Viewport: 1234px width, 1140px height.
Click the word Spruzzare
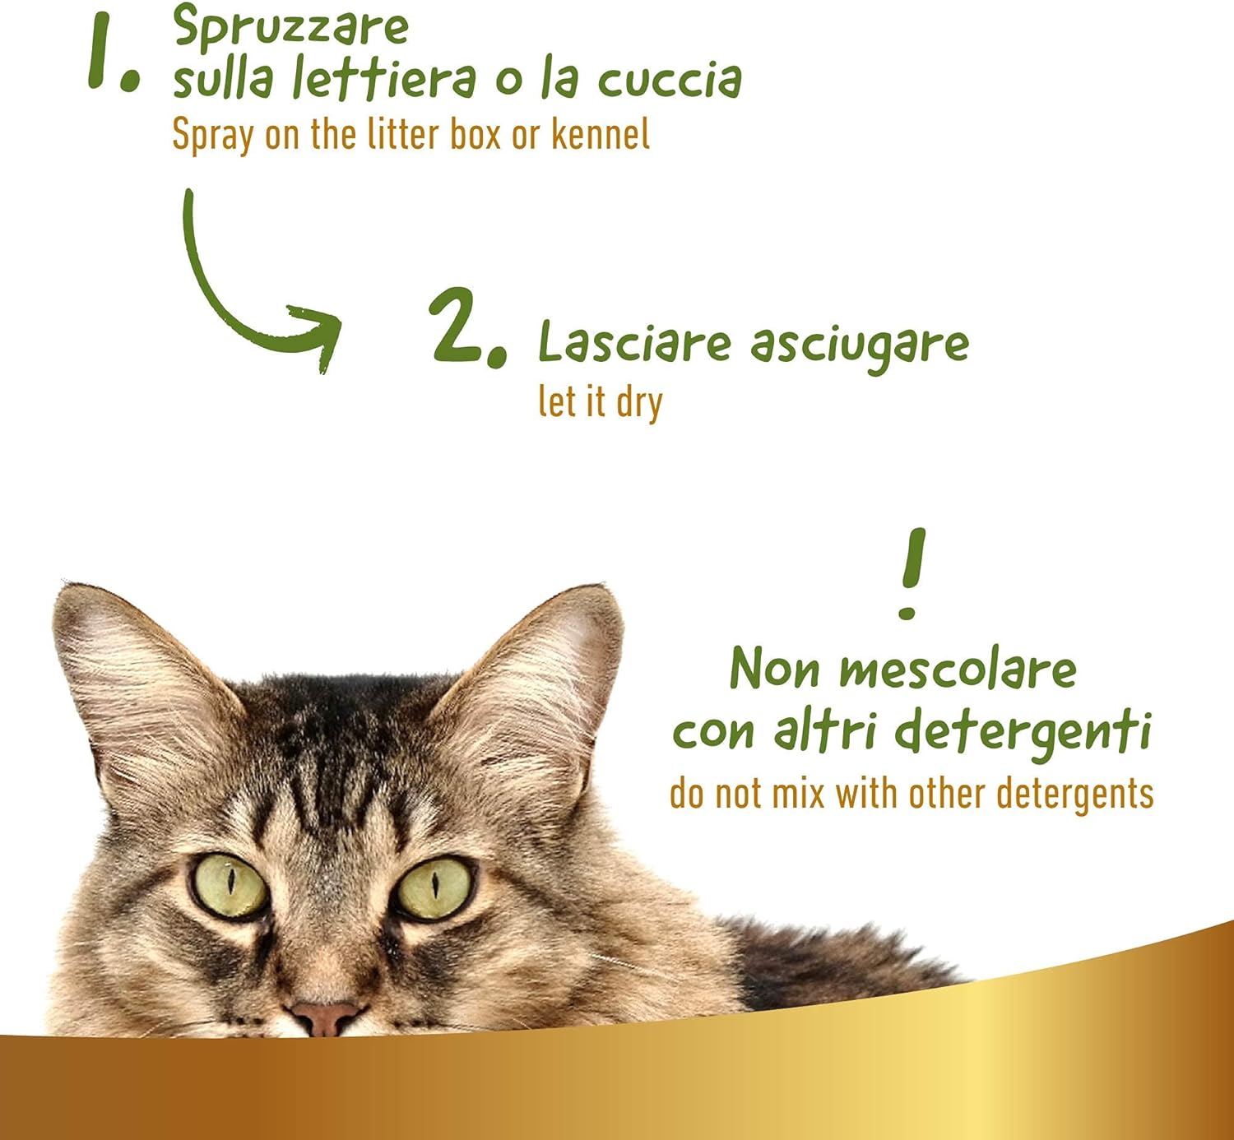(x=290, y=28)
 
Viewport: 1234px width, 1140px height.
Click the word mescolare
(x=958, y=669)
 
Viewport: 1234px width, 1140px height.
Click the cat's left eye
(x=229, y=886)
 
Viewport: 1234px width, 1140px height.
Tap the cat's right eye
(x=434, y=888)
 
